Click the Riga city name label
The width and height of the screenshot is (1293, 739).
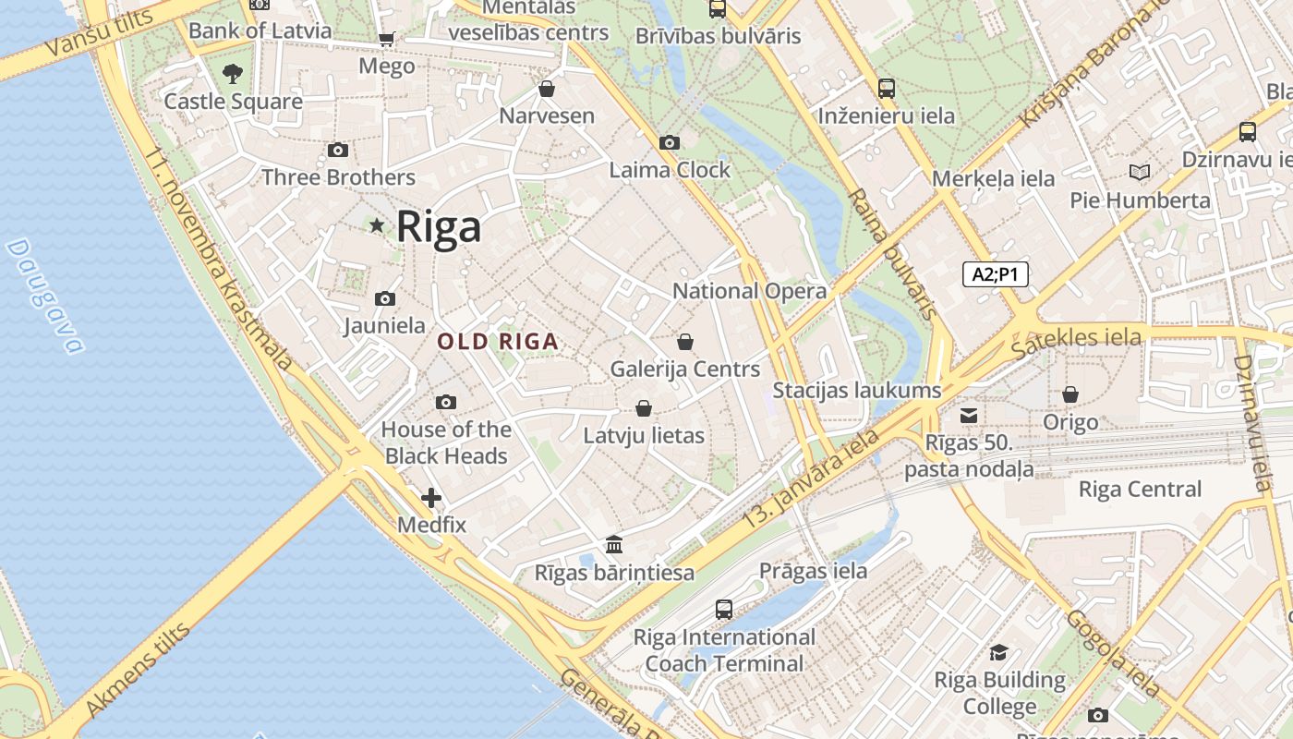[439, 226]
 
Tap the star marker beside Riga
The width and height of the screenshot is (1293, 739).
[377, 224]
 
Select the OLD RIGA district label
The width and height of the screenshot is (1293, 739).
[498, 342]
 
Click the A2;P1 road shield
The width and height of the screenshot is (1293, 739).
[995, 274]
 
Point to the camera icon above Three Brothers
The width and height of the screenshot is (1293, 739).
[338, 150]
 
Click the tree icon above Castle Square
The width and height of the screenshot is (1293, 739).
[233, 73]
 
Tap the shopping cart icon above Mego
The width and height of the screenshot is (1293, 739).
[386, 39]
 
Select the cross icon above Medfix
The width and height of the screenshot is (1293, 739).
[431, 498]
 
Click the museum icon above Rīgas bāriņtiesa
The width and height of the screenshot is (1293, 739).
[614, 545]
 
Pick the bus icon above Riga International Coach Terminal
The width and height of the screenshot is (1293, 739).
[724, 610]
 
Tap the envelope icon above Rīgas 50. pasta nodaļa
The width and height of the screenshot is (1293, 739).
[969, 416]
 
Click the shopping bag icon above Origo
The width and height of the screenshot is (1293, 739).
[1070, 394]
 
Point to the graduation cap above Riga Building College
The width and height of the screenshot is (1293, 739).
[999, 653]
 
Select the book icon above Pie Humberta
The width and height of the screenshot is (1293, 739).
[1140, 172]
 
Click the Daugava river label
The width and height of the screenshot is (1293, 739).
[43, 297]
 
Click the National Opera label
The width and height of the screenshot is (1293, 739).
[749, 291]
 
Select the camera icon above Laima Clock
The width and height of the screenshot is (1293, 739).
[669, 142]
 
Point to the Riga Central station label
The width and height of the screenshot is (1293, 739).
[1140, 490]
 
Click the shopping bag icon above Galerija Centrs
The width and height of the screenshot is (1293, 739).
[685, 342]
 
